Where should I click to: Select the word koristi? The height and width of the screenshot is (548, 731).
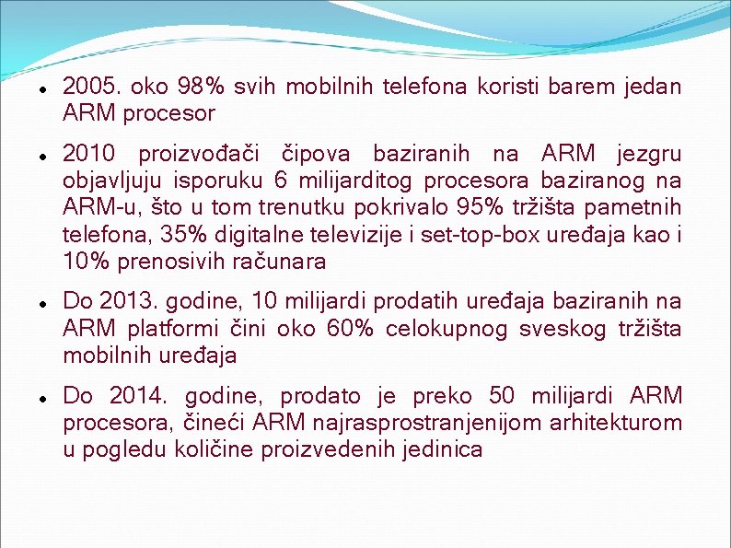pos(506,87)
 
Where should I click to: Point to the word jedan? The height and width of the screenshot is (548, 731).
pos(651,87)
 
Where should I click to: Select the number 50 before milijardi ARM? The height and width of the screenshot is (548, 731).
pos(502,396)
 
